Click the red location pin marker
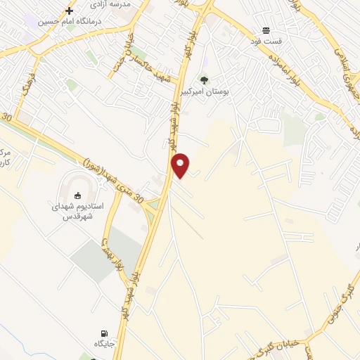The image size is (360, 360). tap(181, 165)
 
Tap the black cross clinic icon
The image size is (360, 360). tap(69, 11)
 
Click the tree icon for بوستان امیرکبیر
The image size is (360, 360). tap(205, 80)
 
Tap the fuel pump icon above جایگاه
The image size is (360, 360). tap(105, 333)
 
